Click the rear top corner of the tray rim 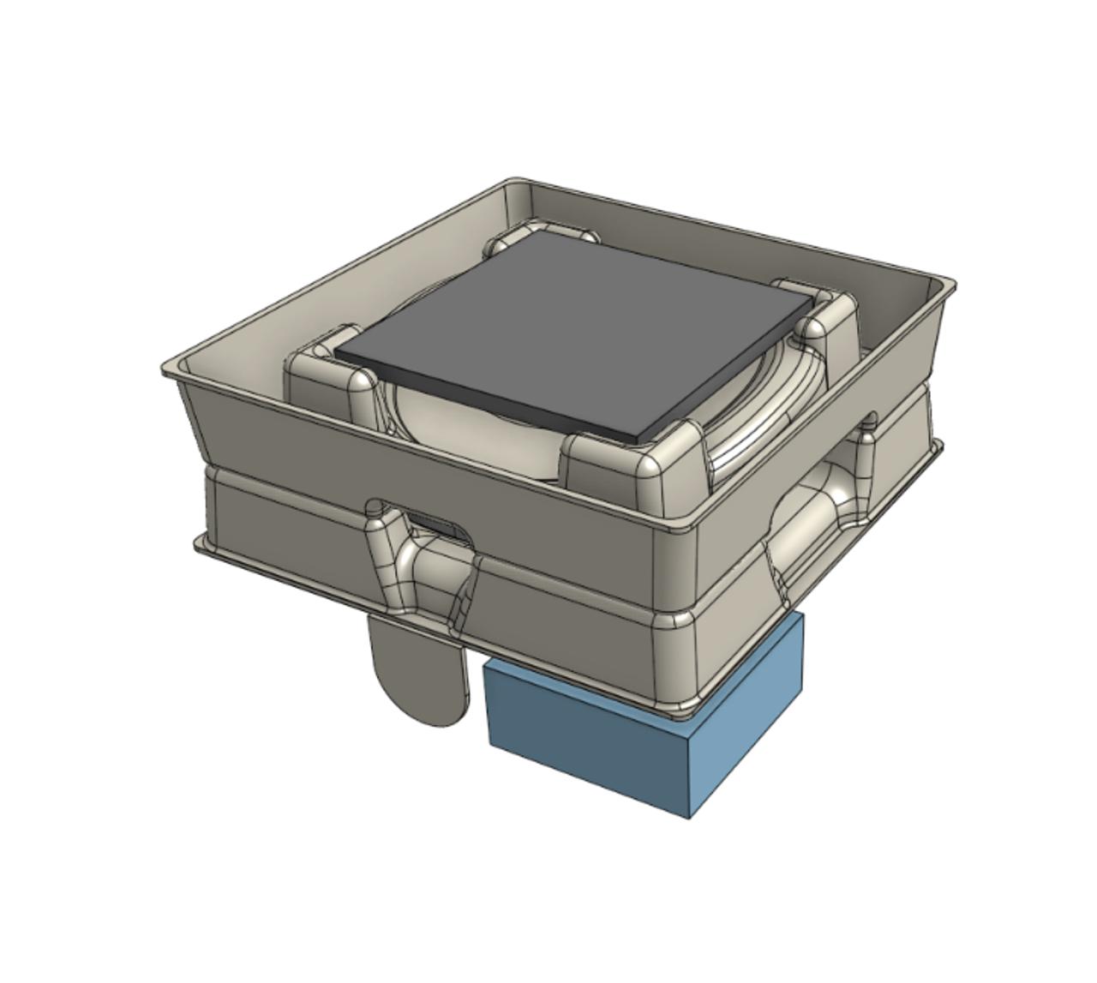tap(514, 183)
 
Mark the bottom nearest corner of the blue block tap(691, 814)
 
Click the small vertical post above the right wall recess tap(867, 429)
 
